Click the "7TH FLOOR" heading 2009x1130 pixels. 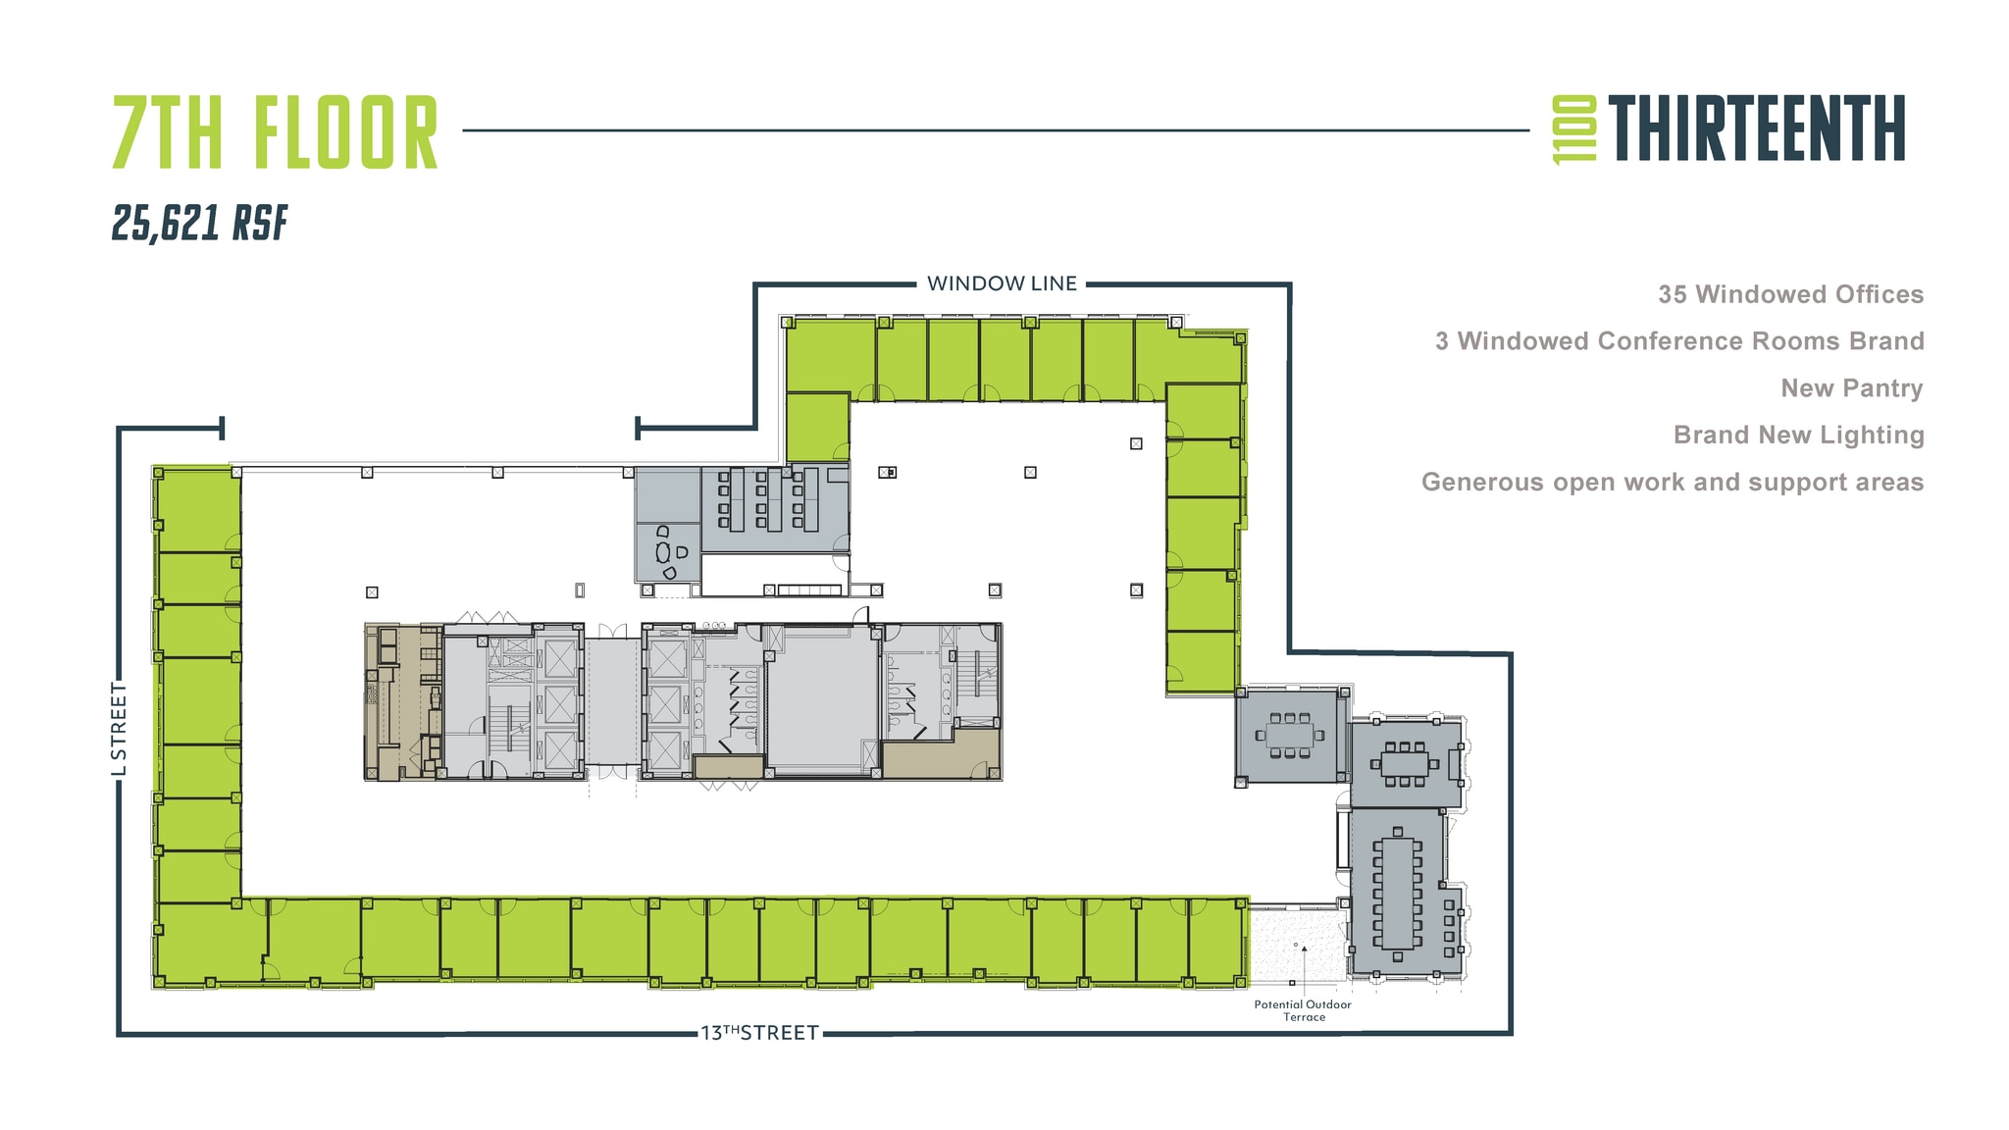pos(275,132)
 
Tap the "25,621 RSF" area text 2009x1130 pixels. pos(199,223)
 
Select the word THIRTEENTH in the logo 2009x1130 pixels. pos(1756,128)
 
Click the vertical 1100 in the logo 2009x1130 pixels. pos(1573,128)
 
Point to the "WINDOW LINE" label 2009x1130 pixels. pos(1002,283)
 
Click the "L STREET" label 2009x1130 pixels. pos(119,729)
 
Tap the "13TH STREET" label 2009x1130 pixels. pos(759,1033)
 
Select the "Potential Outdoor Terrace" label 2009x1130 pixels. pos(1303,1010)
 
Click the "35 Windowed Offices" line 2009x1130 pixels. pos(1790,294)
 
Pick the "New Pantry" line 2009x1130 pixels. pos(1851,388)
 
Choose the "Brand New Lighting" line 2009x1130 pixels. pos(1798,435)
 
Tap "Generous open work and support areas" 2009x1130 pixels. pos(1672,482)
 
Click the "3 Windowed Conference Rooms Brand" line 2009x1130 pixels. pos(1678,341)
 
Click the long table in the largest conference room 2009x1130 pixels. pos(1398,892)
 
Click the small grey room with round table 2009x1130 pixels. pos(667,551)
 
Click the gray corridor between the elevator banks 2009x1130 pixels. pos(612,701)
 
